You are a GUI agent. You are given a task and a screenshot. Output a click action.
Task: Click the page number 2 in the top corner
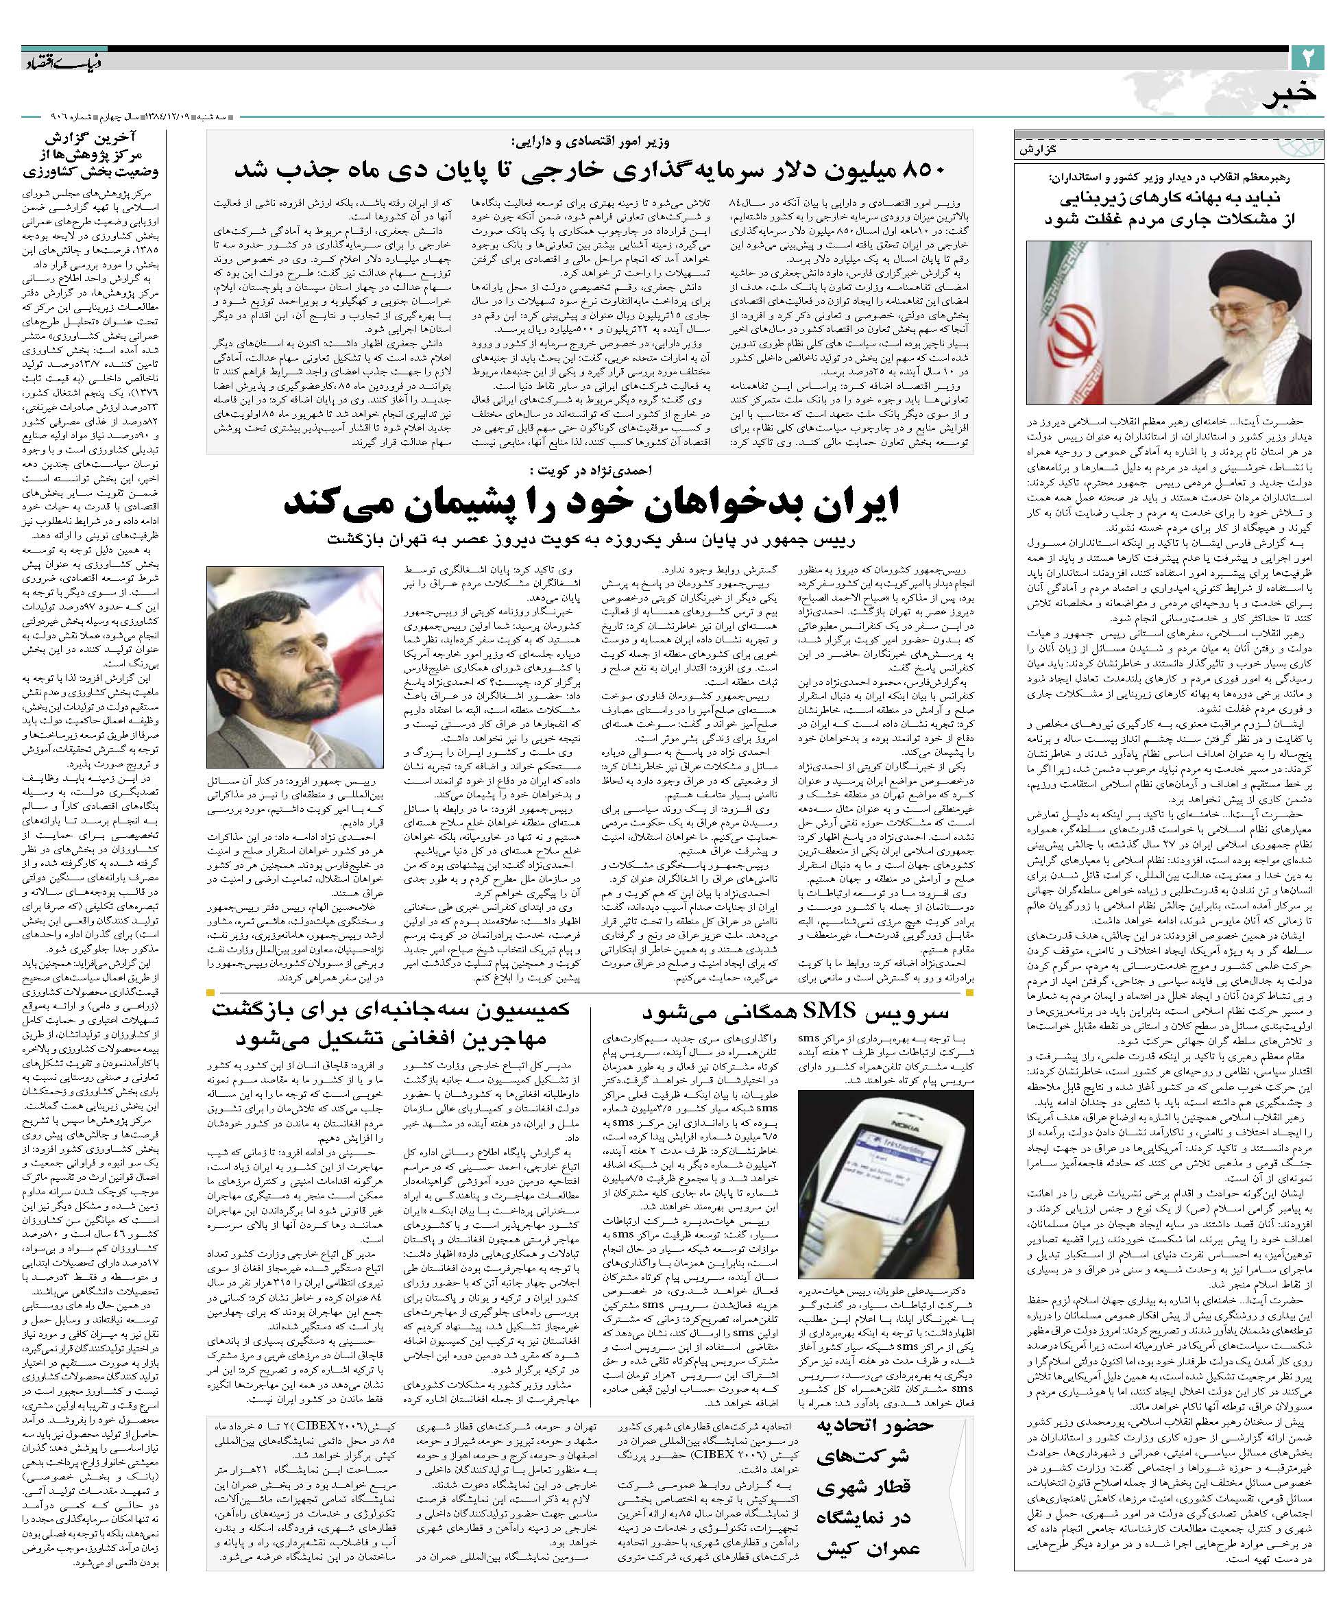pos(1307,58)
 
